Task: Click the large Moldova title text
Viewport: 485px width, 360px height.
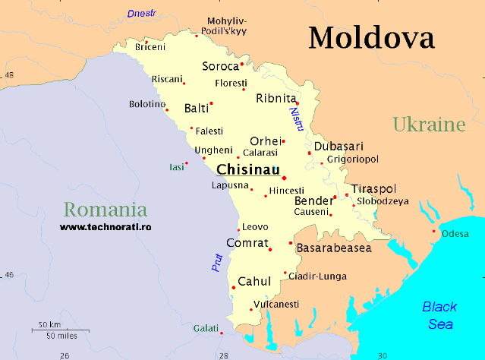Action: pos(371,38)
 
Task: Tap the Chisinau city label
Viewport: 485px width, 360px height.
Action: pos(247,169)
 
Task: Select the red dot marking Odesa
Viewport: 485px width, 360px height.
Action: pos(434,231)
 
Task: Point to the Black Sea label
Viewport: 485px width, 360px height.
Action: pos(439,315)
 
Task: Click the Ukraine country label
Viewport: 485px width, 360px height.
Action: pos(428,125)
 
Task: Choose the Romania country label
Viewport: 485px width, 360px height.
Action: pos(105,209)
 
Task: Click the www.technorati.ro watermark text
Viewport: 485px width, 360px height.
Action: pos(106,226)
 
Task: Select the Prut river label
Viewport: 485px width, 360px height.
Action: pos(217,263)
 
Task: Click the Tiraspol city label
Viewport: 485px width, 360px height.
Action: pos(373,188)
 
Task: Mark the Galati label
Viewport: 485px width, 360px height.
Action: pos(204,328)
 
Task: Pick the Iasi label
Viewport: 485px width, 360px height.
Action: pos(176,166)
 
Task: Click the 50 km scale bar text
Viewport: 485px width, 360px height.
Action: pos(49,324)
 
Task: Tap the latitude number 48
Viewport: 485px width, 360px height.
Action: pos(9,76)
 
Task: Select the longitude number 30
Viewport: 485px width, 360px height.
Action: pos(383,355)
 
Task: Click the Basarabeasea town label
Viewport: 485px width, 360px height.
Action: pos(333,248)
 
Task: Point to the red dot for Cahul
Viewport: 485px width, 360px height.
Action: pos(233,287)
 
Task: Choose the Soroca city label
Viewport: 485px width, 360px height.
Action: pos(220,66)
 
